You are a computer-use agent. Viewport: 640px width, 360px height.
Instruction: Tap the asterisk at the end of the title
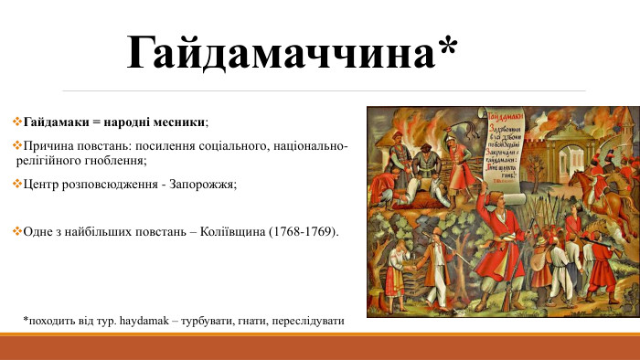(446, 48)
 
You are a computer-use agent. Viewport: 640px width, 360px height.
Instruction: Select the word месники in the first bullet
(181, 122)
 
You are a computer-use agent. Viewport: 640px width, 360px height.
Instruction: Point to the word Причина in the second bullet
(49, 146)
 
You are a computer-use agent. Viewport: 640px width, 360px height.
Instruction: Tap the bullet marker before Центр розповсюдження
(17, 185)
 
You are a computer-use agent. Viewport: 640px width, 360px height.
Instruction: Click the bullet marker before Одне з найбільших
(17, 232)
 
